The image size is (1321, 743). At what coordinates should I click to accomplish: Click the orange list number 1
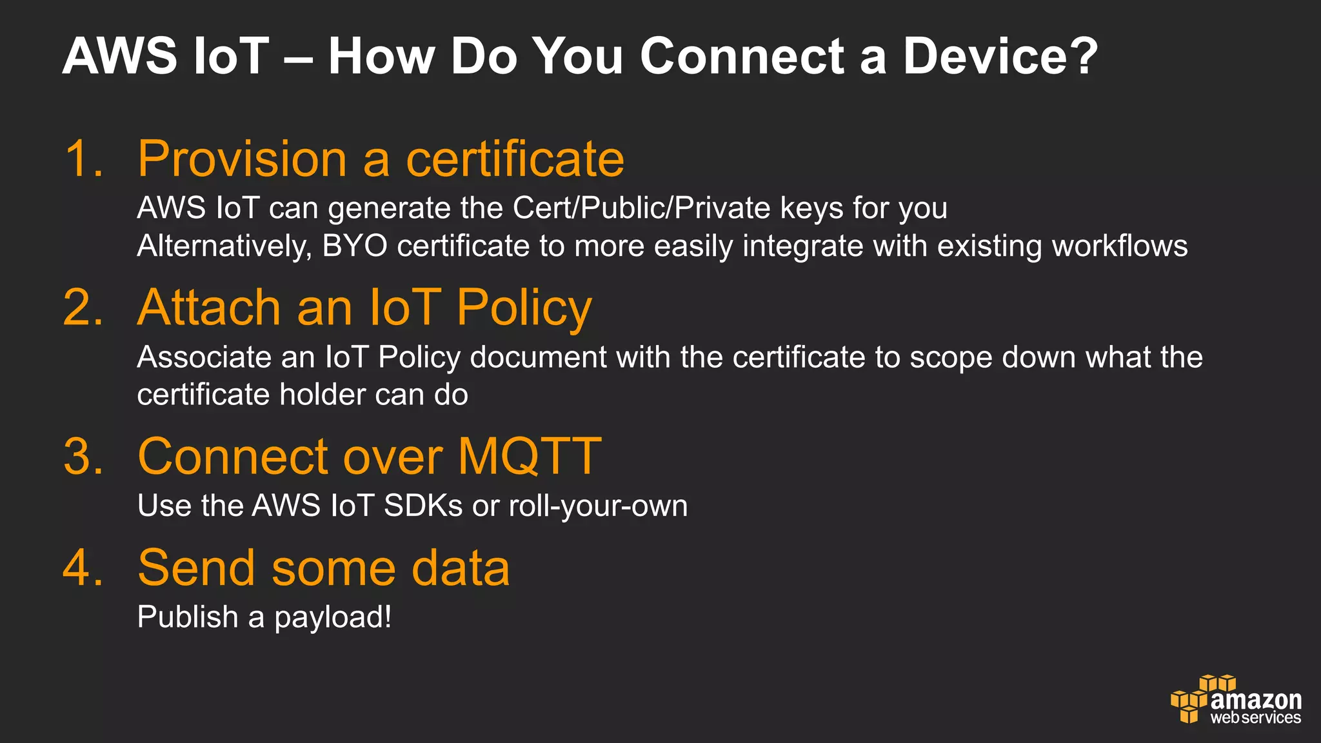click(x=83, y=159)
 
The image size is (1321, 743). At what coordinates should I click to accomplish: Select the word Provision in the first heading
click(x=243, y=159)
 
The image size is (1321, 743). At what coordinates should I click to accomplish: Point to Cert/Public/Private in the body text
click(x=641, y=208)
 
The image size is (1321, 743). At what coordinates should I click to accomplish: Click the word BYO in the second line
click(x=354, y=246)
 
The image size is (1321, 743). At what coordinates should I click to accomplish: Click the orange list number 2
click(x=83, y=307)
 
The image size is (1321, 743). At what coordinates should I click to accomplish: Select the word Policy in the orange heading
click(x=524, y=308)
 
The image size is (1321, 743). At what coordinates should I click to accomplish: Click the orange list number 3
click(x=83, y=457)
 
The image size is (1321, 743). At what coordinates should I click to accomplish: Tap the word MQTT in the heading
click(x=530, y=457)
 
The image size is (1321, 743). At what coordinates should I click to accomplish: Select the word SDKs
click(x=422, y=506)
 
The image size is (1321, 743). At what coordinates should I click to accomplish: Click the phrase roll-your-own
click(x=598, y=506)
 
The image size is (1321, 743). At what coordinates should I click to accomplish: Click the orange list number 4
click(x=83, y=568)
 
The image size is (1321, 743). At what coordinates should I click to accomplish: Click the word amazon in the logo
click(x=1256, y=700)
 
